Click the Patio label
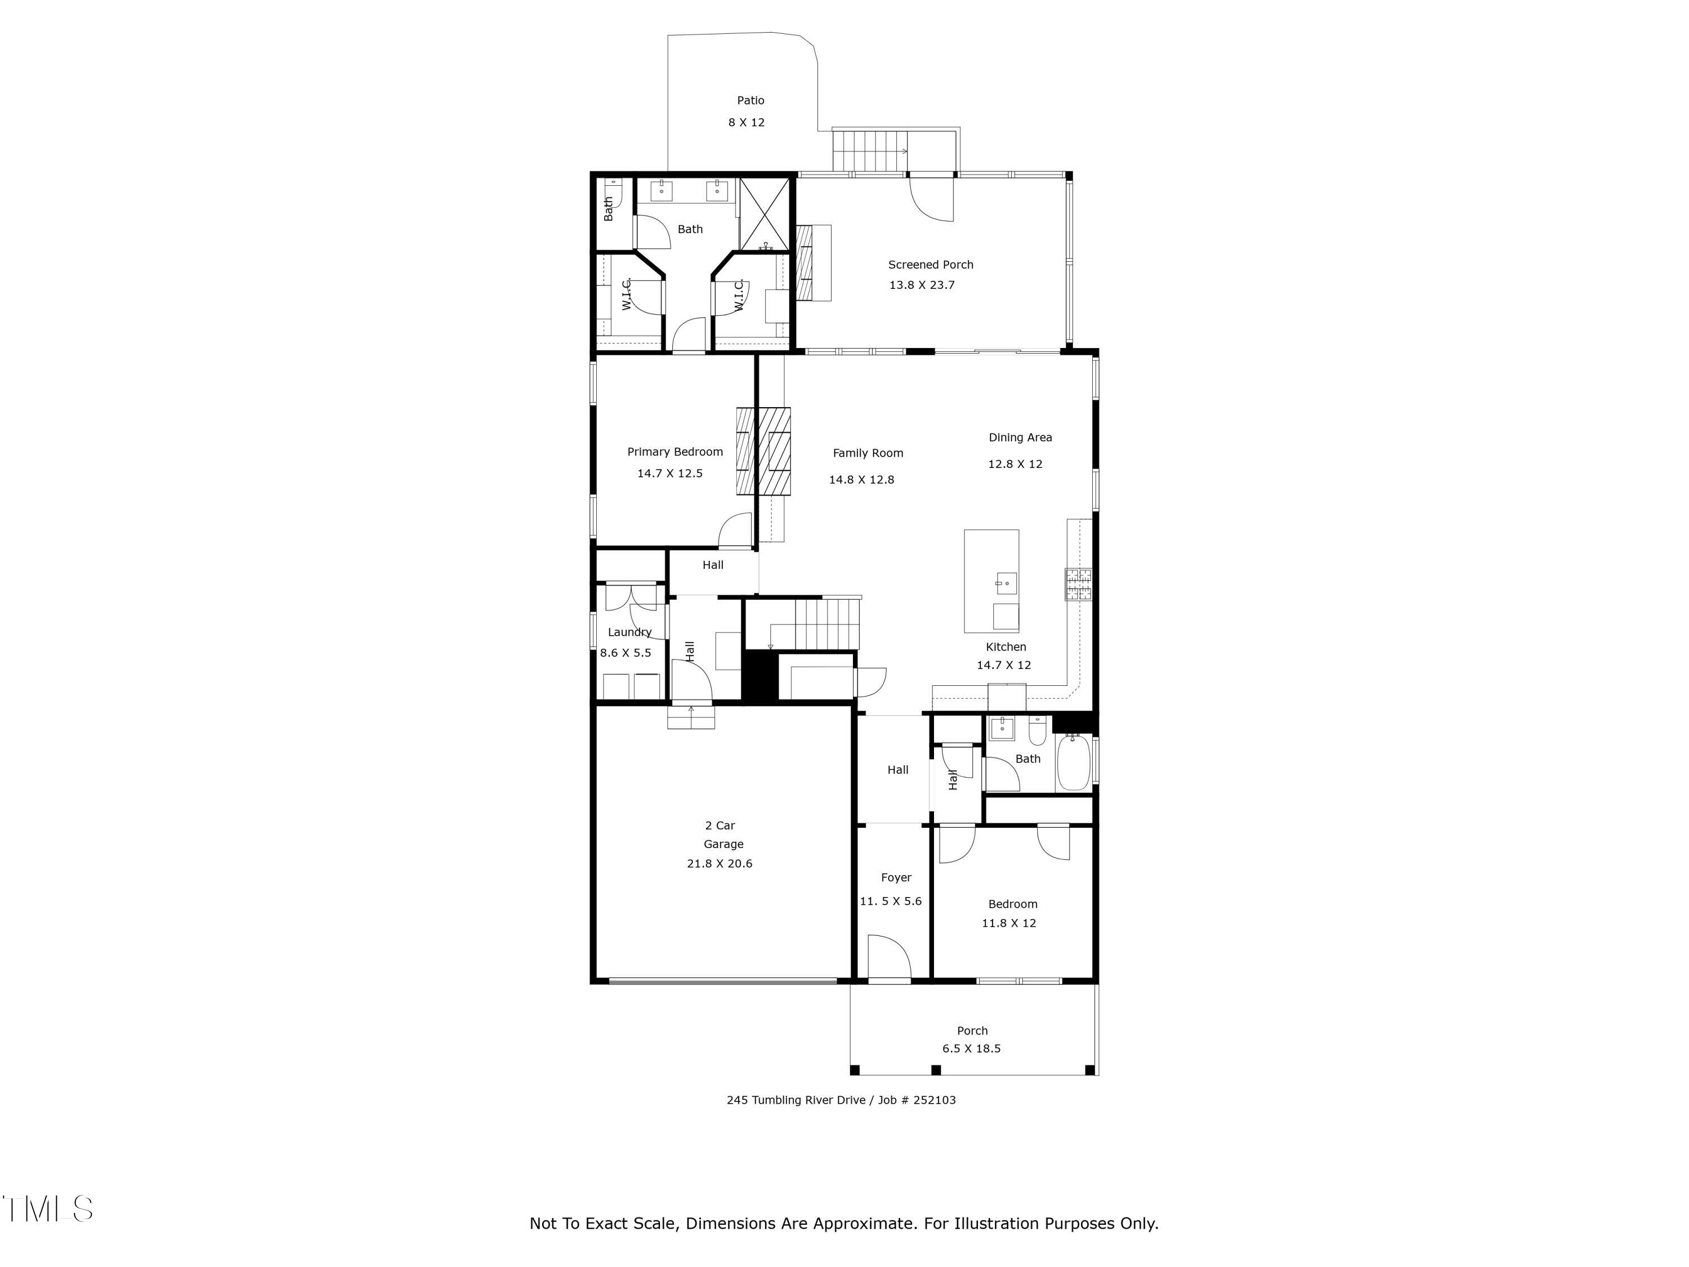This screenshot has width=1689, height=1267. (x=750, y=100)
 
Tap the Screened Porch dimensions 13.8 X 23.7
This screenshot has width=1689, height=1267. (x=922, y=285)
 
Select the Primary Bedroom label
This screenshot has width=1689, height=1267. (x=675, y=452)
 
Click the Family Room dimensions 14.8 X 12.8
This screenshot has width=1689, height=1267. (x=861, y=480)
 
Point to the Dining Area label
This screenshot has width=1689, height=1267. (x=1020, y=438)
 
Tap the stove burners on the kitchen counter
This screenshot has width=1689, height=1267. (x=1078, y=585)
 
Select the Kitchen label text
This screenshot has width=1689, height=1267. (x=1006, y=647)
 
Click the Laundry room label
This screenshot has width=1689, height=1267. (x=629, y=632)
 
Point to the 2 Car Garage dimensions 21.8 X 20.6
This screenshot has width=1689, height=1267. (x=720, y=864)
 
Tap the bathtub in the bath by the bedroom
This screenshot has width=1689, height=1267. (x=1073, y=762)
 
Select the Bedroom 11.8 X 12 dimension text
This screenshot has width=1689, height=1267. (x=1009, y=924)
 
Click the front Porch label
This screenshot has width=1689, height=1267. (x=972, y=1031)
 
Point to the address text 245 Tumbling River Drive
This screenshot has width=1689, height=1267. (x=796, y=1100)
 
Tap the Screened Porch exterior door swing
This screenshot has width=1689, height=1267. (x=932, y=199)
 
